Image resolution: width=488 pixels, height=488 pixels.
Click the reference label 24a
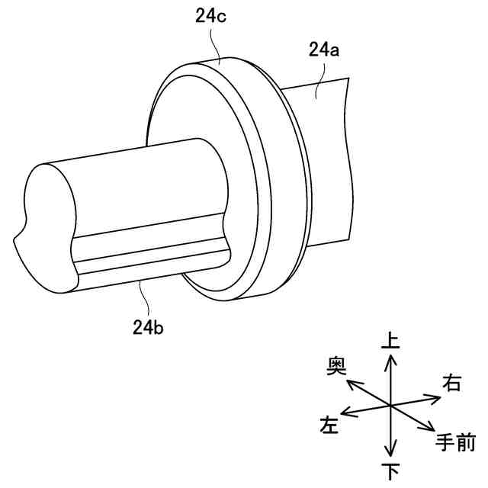(324, 51)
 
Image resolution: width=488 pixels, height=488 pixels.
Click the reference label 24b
(147, 327)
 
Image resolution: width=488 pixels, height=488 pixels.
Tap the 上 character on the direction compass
(390, 341)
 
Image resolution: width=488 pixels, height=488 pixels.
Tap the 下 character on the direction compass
(390, 470)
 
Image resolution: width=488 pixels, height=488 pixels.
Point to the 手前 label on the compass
(456, 441)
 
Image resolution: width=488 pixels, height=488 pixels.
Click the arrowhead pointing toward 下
(390, 453)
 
